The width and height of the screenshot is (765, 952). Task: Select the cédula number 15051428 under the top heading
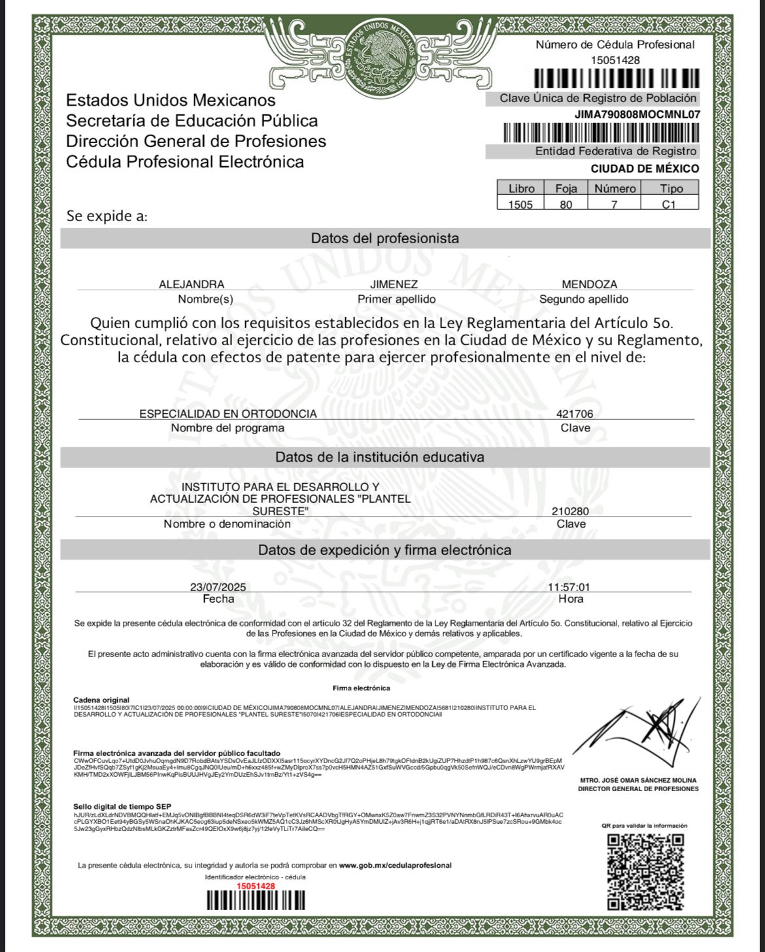click(x=615, y=60)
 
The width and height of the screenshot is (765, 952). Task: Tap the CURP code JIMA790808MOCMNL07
click(x=637, y=114)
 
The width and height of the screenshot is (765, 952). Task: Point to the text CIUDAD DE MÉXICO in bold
click(x=645, y=169)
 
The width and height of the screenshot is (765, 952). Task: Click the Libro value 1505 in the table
click(x=520, y=204)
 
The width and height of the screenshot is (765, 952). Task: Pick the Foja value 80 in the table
click(x=566, y=204)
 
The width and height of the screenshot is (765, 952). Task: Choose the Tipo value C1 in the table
click(x=668, y=204)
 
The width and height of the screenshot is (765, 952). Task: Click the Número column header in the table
click(x=615, y=188)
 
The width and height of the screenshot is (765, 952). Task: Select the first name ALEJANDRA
click(x=192, y=284)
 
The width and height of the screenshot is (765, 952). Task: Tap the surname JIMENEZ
click(x=394, y=284)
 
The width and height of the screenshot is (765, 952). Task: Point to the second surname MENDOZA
click(x=589, y=284)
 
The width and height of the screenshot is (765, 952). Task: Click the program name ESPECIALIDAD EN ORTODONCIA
click(x=228, y=414)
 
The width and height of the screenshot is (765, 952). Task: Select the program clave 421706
click(x=575, y=414)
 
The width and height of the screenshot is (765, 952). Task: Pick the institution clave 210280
click(x=570, y=511)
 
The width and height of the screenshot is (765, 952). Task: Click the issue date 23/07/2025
click(x=218, y=587)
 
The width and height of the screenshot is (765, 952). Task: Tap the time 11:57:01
click(x=569, y=587)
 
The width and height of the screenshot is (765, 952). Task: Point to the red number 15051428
click(x=256, y=886)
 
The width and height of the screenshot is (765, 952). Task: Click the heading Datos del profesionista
click(x=384, y=239)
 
